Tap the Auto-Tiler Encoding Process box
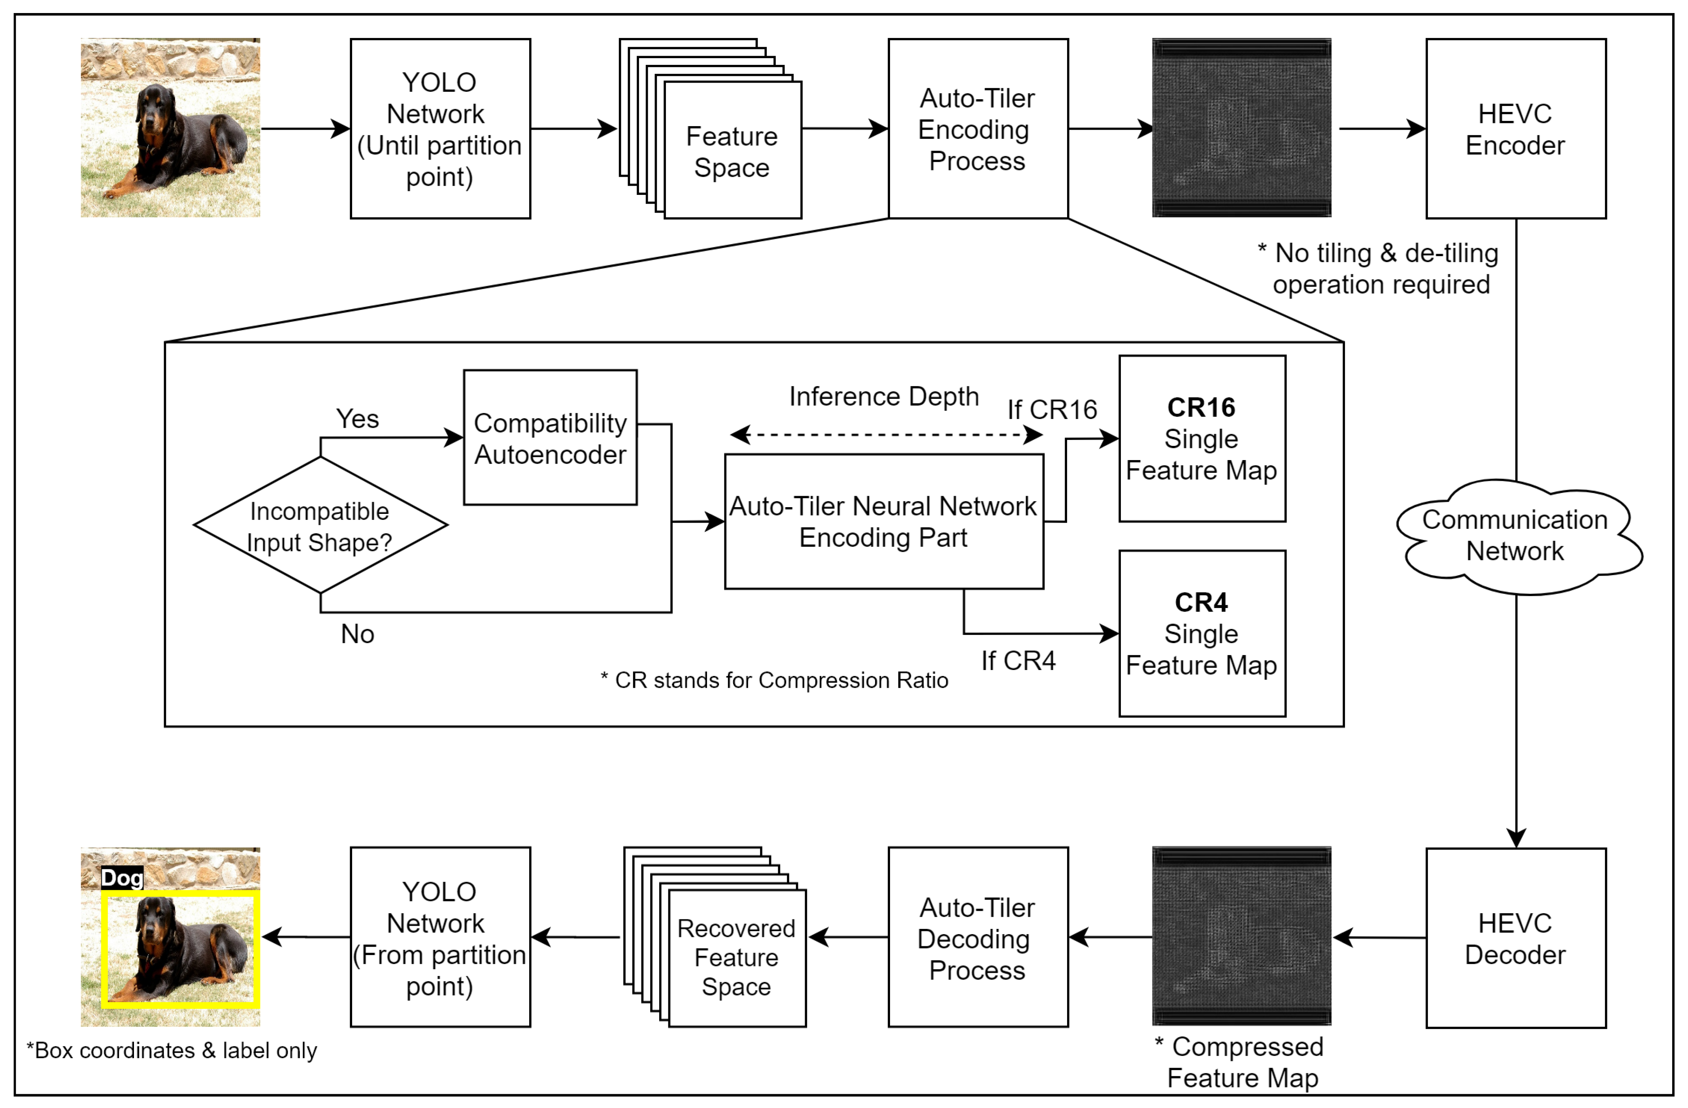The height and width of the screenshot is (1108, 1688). pos(977,129)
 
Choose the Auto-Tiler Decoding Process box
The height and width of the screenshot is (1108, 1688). pos(977,938)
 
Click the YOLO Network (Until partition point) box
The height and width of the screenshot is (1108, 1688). pos(440,129)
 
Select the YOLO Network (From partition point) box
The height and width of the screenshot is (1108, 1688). pos(440,938)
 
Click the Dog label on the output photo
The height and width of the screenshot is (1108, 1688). pos(122,878)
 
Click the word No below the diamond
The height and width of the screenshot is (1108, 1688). pos(357,634)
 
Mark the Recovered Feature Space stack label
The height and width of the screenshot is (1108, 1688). pos(736,958)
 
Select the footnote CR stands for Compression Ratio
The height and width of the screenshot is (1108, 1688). pos(775,680)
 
